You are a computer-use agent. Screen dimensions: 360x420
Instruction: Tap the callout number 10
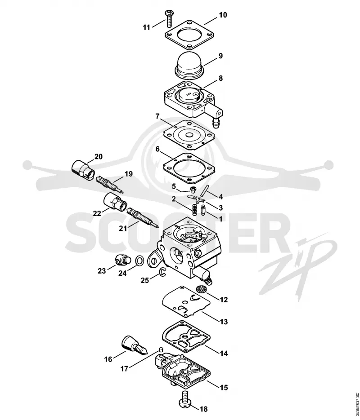[x=223, y=15]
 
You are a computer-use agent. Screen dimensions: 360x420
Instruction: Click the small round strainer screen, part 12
[x=200, y=289]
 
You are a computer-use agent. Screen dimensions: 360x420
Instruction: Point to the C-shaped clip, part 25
[x=162, y=272]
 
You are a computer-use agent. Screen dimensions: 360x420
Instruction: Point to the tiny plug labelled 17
[x=161, y=349]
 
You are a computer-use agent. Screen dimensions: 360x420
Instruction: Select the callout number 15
[x=224, y=387]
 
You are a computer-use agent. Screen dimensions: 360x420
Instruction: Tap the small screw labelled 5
[x=192, y=190]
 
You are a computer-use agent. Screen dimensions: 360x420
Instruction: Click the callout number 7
[x=157, y=116]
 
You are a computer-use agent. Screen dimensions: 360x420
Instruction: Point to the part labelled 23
[x=123, y=260]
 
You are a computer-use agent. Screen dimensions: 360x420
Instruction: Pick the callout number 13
[x=224, y=322]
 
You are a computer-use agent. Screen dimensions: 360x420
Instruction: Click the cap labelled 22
[x=115, y=201]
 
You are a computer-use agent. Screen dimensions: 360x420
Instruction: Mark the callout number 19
[x=129, y=174]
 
